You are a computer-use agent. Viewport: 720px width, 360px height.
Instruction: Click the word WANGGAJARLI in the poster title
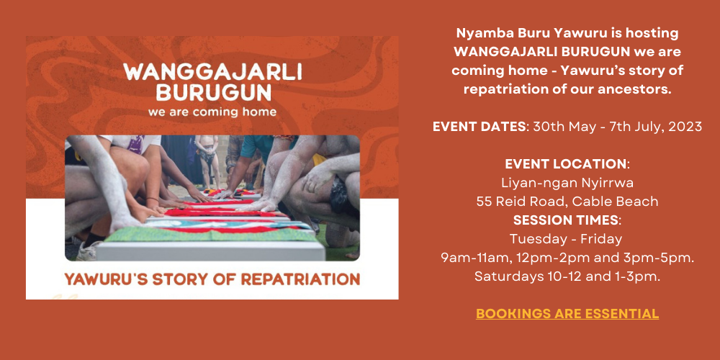click(212, 72)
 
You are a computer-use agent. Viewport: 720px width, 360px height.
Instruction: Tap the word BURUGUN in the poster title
click(213, 93)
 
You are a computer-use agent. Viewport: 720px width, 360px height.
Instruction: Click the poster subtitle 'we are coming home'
click(212, 112)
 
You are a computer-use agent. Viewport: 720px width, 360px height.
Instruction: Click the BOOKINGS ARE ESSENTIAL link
click(567, 314)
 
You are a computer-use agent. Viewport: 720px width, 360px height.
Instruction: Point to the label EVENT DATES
click(480, 126)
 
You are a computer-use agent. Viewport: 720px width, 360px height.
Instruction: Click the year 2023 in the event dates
click(685, 126)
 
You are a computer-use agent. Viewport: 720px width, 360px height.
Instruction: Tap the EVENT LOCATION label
click(565, 164)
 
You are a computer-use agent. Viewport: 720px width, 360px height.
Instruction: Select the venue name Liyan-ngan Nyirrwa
click(567, 183)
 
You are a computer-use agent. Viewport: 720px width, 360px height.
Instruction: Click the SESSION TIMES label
click(565, 220)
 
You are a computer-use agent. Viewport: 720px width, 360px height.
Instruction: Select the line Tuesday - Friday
click(566, 239)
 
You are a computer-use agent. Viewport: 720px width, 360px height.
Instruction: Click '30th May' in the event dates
click(558, 126)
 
